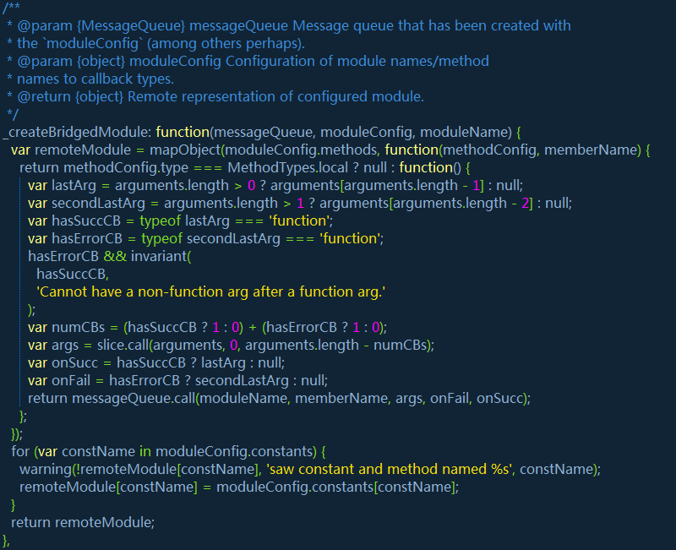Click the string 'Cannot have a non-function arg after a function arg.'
click(x=211, y=291)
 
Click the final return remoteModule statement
click(x=83, y=522)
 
